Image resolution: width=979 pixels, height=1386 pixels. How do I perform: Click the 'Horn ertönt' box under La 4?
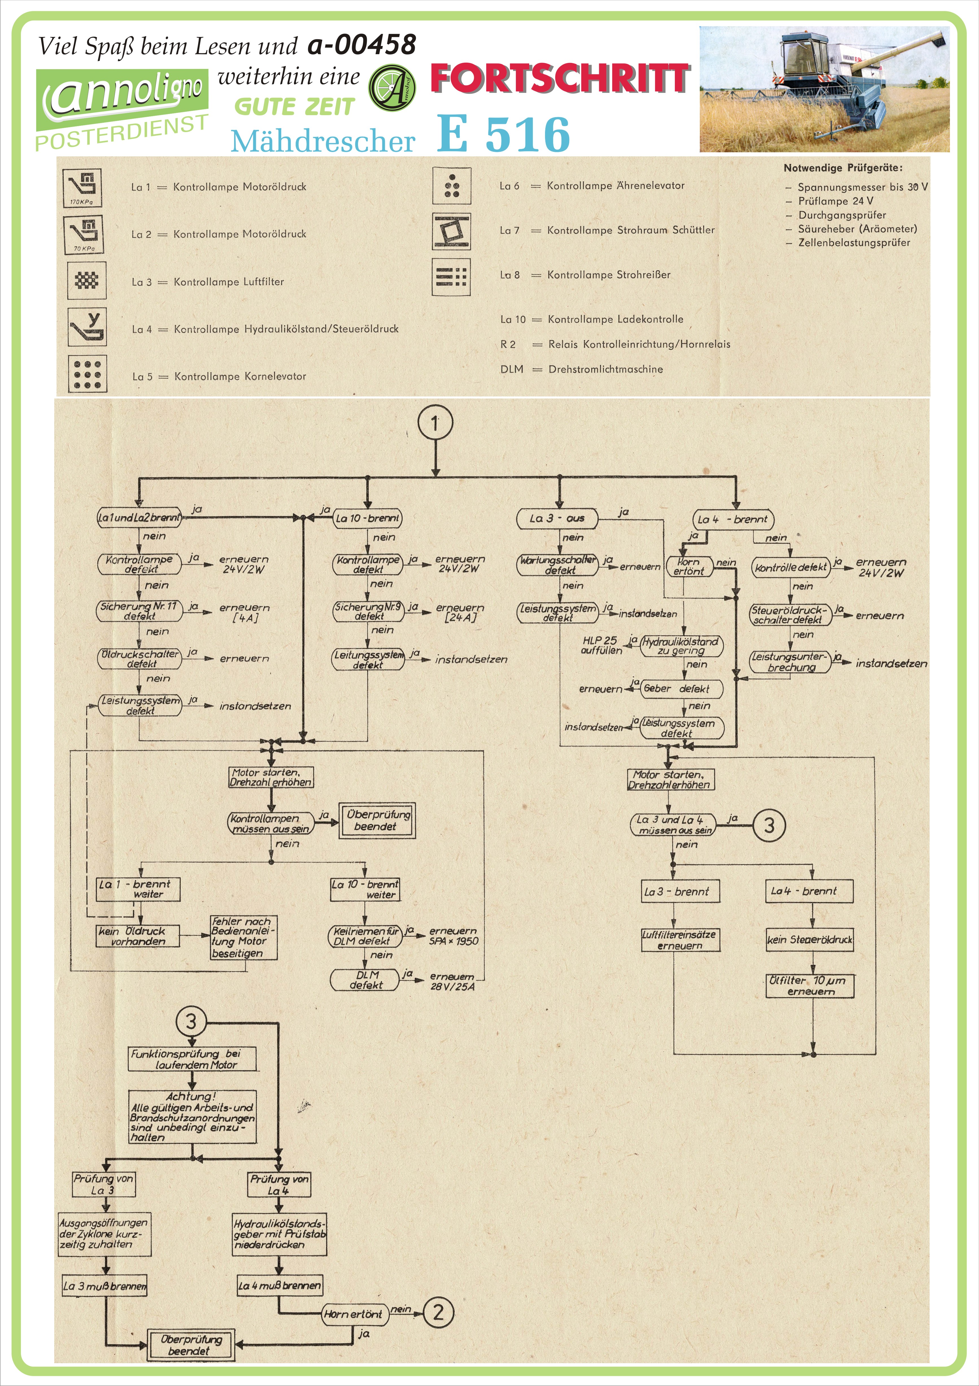(688, 566)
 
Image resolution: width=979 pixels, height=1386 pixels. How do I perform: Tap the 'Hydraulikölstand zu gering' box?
(681, 646)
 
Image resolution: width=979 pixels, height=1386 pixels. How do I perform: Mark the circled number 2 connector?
(439, 1312)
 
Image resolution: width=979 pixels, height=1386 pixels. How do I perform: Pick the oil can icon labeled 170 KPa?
(83, 187)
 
